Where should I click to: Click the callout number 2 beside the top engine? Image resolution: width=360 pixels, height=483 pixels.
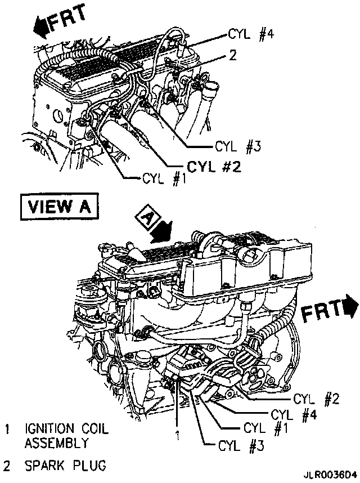(232, 56)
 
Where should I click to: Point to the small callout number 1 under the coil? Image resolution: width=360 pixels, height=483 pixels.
(177, 435)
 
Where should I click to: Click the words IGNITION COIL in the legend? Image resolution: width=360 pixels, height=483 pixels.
(66, 429)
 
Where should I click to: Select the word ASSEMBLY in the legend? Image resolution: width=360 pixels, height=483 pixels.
(56, 443)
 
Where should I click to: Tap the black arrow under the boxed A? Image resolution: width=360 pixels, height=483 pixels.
(163, 230)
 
